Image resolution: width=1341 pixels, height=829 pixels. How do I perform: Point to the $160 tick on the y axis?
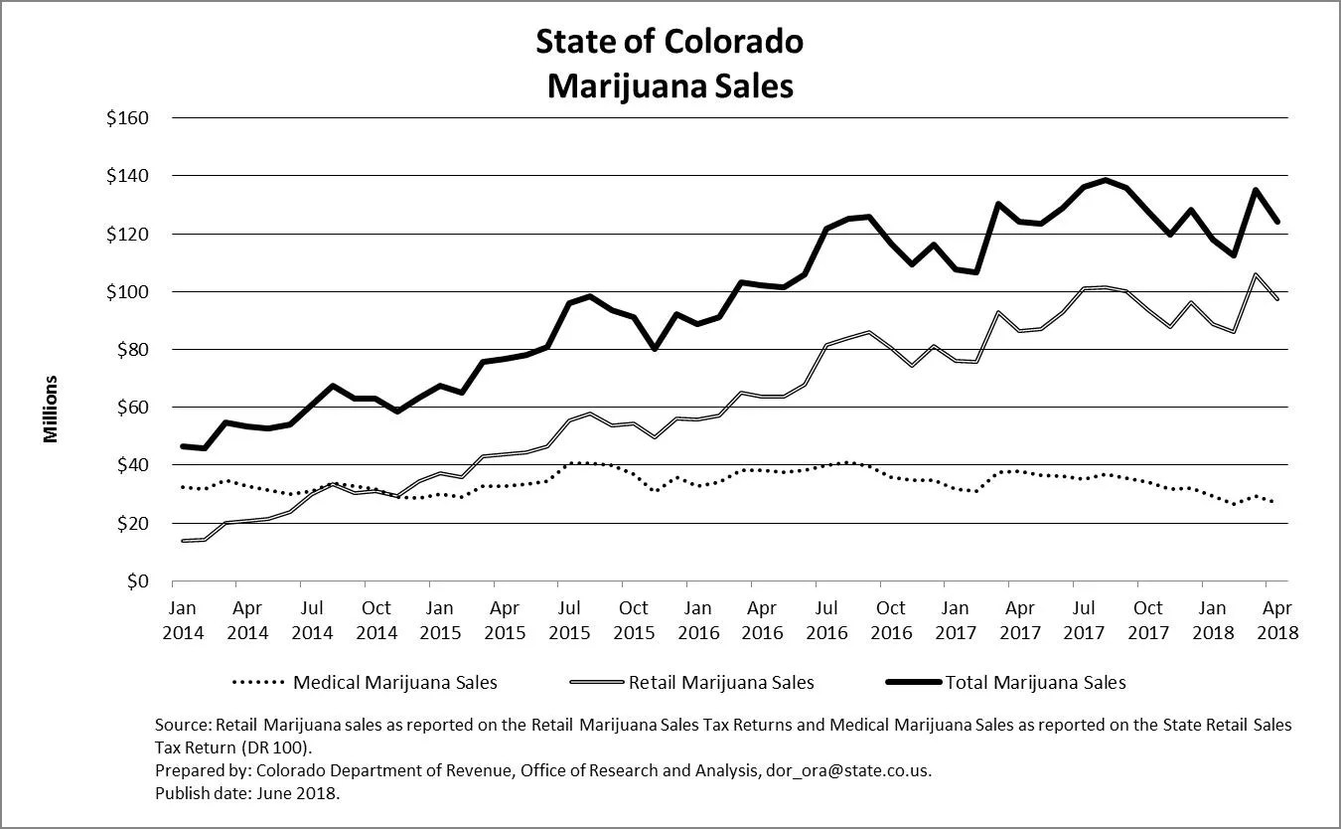click(126, 118)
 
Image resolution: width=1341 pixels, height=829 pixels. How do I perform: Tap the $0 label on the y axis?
click(136, 581)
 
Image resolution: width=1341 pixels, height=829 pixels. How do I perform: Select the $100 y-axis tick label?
click(126, 292)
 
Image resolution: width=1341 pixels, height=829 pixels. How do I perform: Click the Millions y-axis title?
click(51, 409)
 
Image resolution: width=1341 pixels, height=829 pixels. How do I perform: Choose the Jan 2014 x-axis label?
click(183, 619)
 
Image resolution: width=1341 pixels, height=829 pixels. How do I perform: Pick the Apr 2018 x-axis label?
click(1276, 619)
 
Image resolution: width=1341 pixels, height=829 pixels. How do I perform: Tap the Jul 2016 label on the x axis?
click(826, 619)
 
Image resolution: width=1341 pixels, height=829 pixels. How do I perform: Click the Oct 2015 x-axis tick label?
click(634, 619)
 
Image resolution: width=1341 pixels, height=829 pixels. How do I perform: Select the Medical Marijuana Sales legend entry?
click(395, 683)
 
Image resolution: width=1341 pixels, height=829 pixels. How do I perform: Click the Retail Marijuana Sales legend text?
click(721, 683)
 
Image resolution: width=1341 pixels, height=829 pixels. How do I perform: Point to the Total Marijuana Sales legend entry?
click(1036, 683)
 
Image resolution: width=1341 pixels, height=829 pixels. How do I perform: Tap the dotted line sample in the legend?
click(258, 683)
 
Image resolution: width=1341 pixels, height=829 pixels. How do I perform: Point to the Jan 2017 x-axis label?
click(955, 619)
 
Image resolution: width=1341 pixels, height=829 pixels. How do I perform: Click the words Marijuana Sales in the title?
click(670, 86)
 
